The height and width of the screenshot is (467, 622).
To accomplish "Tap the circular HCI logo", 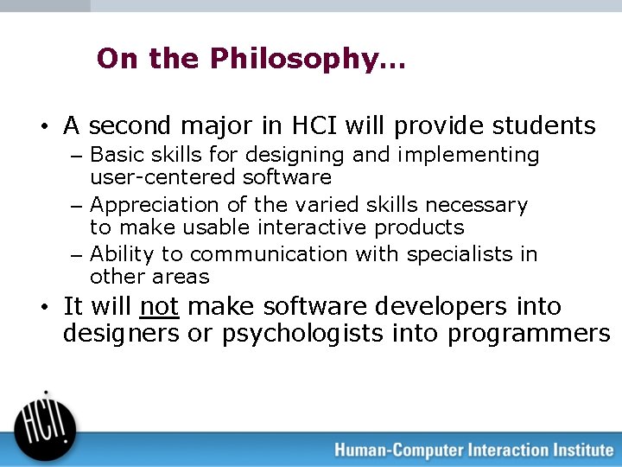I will tap(45, 422).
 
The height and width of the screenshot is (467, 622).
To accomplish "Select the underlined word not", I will tap(159, 307).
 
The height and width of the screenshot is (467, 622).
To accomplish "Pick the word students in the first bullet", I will tap(543, 126).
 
